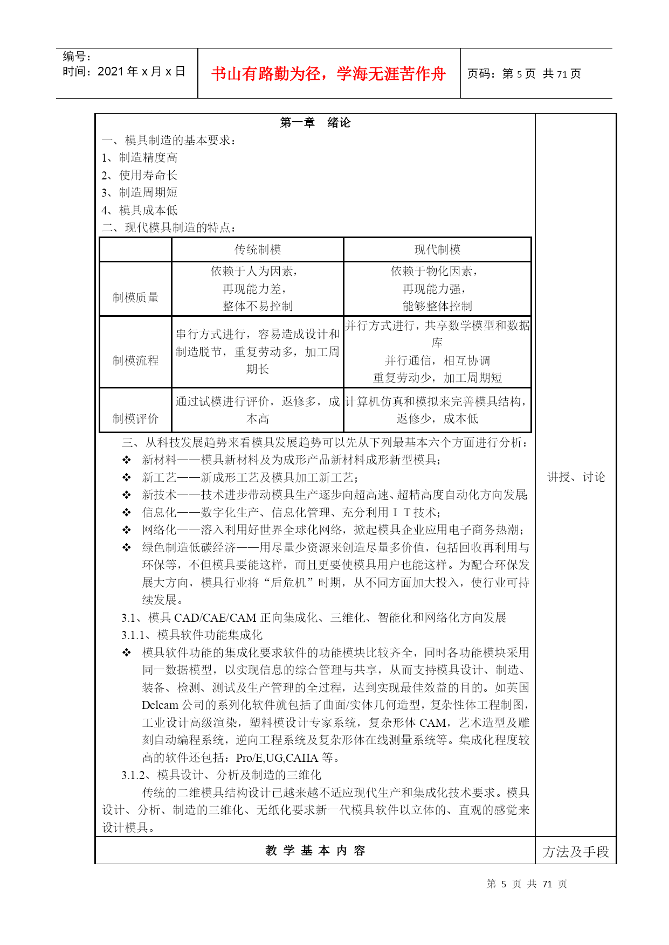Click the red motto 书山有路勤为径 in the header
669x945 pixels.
click(x=328, y=74)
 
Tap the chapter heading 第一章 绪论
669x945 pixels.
click(x=315, y=123)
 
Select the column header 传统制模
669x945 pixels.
click(x=258, y=250)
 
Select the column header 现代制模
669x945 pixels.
click(x=437, y=250)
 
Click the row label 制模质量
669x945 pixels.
click(x=135, y=297)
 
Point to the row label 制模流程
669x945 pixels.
click(x=135, y=360)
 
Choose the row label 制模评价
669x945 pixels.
click(x=135, y=419)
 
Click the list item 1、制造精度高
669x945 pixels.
click(x=140, y=158)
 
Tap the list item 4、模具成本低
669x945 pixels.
click(x=140, y=210)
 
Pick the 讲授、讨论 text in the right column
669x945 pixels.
click(x=576, y=477)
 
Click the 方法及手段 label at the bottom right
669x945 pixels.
click(x=576, y=852)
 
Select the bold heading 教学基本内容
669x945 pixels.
click(x=315, y=851)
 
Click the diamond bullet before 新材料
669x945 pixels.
click(x=127, y=460)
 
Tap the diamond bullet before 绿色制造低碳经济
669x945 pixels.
click(x=127, y=548)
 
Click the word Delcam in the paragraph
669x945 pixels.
click(x=160, y=705)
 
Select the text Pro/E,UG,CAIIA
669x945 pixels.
click(x=277, y=758)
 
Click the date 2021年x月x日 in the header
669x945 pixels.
click(x=124, y=72)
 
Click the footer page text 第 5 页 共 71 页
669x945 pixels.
click(x=527, y=884)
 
